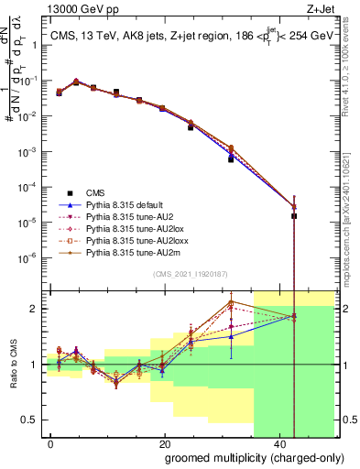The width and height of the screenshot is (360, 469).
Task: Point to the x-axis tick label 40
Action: tap(278, 443)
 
